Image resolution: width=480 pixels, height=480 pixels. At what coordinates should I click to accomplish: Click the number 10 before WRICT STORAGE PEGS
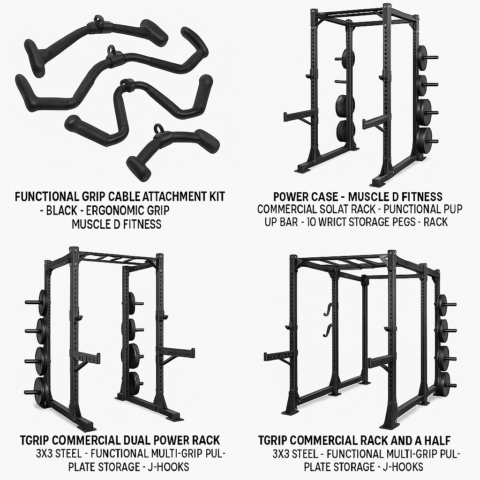click(312, 222)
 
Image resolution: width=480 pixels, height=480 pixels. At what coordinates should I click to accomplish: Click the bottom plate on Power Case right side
click(423, 138)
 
